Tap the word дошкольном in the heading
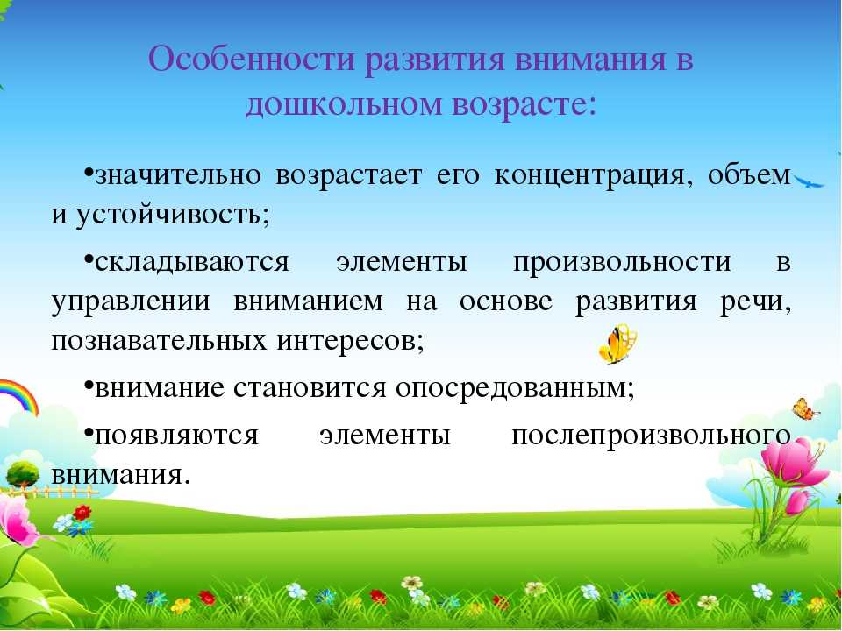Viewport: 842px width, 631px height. coord(343,104)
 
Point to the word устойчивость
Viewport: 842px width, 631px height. coord(173,216)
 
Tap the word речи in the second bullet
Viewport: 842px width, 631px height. coord(755,302)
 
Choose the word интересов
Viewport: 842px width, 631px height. coord(351,340)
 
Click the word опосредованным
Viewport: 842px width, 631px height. coord(515,388)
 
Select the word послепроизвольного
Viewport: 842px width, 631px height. coord(652,436)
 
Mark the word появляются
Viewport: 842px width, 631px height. coord(176,436)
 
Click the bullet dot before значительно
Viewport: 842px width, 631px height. coord(89,172)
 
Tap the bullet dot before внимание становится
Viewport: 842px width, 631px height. coord(89,384)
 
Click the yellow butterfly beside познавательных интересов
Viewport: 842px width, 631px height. coord(618,344)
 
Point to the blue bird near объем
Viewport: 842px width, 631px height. coord(810,181)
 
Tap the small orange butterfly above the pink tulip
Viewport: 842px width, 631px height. coord(805,409)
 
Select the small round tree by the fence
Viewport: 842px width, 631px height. coord(23,475)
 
